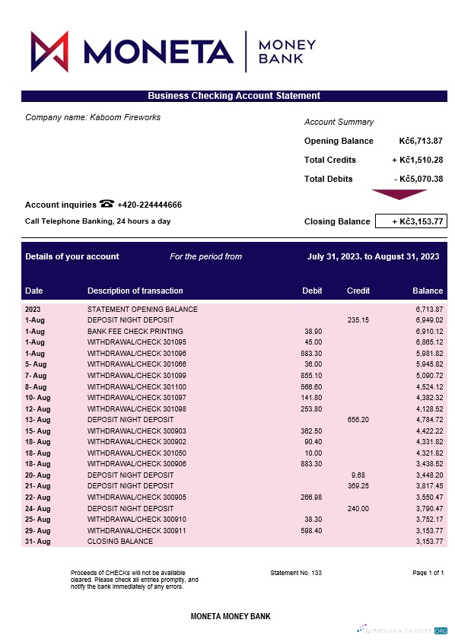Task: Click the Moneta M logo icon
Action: point(50,51)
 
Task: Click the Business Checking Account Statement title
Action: point(234,96)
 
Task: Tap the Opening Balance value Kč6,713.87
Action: point(421,141)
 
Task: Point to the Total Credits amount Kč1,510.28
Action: point(418,160)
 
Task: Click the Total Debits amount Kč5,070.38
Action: point(418,179)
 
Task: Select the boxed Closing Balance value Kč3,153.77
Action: point(410,221)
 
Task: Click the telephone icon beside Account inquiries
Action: point(107,204)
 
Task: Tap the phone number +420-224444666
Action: point(149,205)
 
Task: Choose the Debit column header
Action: point(312,291)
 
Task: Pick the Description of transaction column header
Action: point(135,291)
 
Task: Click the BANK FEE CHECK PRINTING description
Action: point(135,332)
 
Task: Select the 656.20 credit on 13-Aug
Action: point(358,420)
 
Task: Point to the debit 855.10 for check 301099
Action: point(311,376)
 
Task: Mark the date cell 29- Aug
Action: point(37,530)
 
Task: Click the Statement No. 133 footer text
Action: point(296,572)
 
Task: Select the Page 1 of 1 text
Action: point(428,572)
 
